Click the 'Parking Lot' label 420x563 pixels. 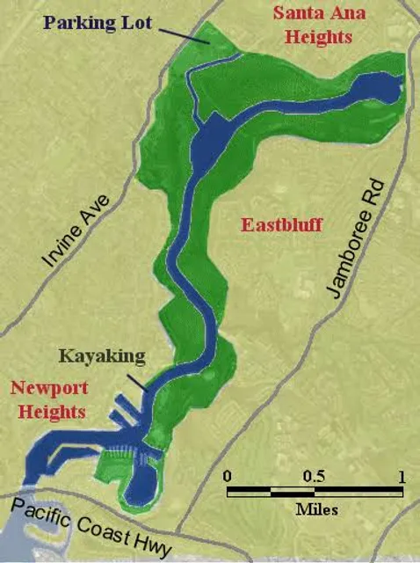click(112, 19)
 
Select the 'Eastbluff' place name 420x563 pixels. click(282, 225)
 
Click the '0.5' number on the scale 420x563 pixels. click(314, 476)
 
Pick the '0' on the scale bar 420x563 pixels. click(228, 476)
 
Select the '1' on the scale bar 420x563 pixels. click(401, 476)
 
